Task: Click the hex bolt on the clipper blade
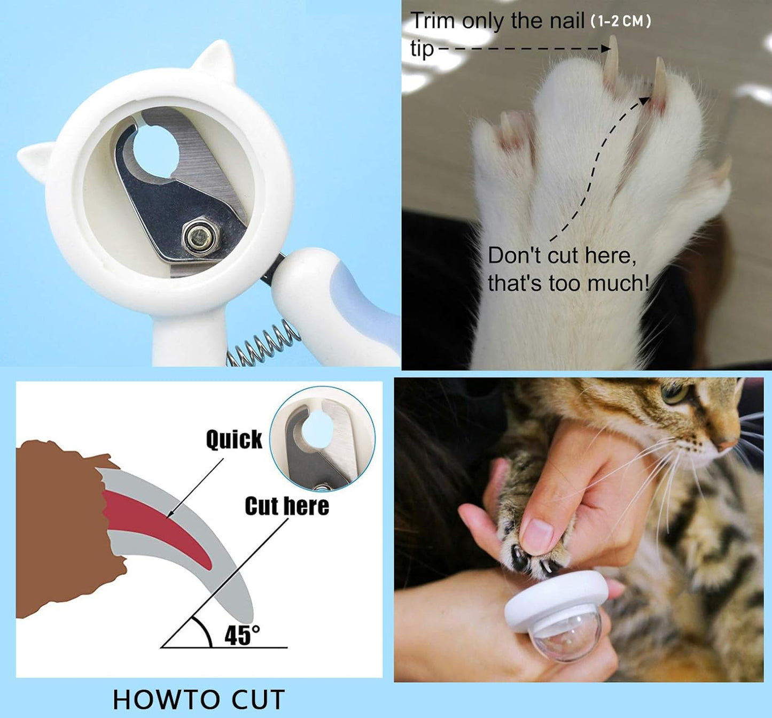[195, 237]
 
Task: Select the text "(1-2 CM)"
[620, 21]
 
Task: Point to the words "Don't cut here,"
[562, 256]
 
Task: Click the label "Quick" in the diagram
[234, 439]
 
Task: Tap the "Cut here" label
[287, 506]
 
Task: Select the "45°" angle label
[241, 635]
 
